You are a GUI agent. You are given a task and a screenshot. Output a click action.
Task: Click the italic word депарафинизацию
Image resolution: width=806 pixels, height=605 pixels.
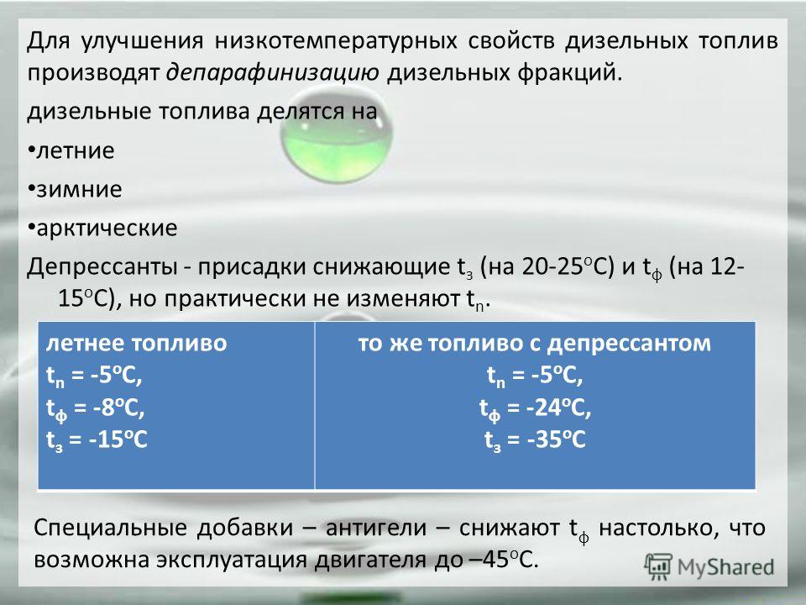(273, 73)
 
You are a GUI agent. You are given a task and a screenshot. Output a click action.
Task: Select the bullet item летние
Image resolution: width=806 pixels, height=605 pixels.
(71, 150)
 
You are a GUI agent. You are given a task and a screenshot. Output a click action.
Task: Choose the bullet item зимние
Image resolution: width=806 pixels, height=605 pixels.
(75, 189)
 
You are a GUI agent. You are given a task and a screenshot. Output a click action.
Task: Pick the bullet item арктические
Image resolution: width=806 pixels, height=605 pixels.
(102, 228)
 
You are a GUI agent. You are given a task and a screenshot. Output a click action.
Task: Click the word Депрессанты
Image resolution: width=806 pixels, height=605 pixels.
(102, 267)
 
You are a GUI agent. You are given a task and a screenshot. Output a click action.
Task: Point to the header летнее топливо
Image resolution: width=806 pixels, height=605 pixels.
(136, 343)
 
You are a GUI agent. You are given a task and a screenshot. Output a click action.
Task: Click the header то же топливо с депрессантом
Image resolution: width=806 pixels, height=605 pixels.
(535, 343)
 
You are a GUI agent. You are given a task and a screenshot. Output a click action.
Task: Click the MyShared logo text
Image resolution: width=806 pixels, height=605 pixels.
(725, 567)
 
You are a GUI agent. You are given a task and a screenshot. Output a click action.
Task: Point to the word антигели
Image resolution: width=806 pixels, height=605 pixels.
(376, 528)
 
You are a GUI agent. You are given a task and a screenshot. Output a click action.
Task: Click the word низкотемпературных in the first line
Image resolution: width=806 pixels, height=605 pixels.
(336, 41)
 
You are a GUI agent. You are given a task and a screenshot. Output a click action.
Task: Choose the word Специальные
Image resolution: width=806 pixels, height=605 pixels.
(110, 528)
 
